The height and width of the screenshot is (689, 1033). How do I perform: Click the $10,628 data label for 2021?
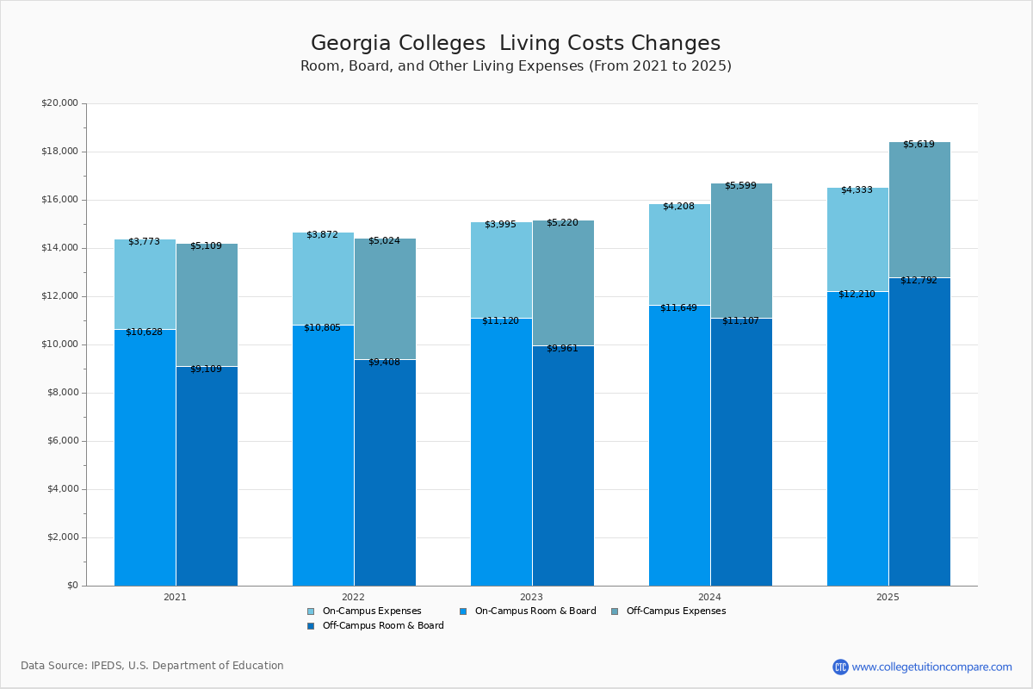[x=144, y=332]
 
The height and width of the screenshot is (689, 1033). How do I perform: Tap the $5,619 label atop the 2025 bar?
[x=919, y=144]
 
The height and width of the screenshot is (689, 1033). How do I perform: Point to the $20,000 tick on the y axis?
[x=59, y=103]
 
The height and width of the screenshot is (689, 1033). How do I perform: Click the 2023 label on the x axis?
[x=531, y=597]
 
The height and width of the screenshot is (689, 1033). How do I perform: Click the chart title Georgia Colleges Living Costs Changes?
[x=515, y=43]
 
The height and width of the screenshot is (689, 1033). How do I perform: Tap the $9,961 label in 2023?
[x=562, y=348]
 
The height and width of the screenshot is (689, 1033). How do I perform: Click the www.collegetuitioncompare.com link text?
[x=931, y=667]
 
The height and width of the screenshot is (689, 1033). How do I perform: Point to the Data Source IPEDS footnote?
[x=152, y=666]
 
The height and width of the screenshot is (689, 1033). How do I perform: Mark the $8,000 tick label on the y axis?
[x=59, y=393]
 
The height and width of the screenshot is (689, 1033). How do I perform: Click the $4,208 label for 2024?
[x=678, y=206]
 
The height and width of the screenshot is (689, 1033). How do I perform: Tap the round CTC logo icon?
[x=840, y=667]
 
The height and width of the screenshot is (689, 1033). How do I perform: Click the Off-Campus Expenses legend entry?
[x=675, y=611]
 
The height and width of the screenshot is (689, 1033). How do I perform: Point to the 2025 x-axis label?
[x=888, y=597]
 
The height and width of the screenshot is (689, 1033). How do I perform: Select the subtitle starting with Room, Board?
[x=515, y=66]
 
